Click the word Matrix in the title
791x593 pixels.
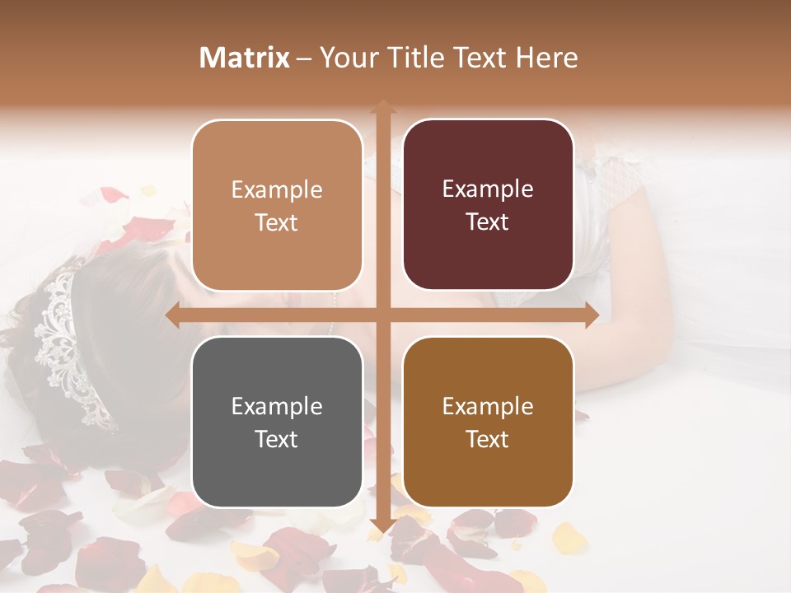click(245, 58)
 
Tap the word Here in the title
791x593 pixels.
click(546, 58)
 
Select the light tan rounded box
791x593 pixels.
click(277, 205)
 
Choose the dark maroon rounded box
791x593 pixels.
click(488, 205)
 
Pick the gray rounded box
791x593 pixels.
click(277, 422)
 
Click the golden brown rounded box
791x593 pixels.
click(488, 422)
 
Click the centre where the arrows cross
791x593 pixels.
click(382, 315)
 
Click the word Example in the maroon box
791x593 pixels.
click(488, 189)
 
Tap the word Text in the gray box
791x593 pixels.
click(277, 439)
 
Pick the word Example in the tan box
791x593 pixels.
click(277, 189)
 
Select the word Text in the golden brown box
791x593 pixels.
click(488, 439)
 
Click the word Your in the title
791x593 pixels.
click(344, 58)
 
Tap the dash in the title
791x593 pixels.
click(304, 58)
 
